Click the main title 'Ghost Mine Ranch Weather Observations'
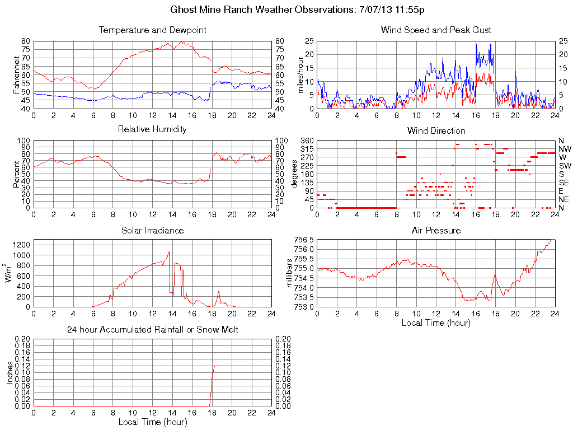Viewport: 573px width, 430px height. (286, 10)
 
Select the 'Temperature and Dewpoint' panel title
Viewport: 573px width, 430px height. (153, 30)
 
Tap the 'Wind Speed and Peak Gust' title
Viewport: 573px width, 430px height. (436, 30)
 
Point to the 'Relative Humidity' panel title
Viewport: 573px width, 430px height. (153, 129)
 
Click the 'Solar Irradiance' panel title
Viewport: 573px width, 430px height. (153, 230)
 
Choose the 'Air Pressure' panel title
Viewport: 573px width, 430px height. (436, 230)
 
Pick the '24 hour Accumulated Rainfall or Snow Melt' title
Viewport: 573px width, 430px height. (153, 330)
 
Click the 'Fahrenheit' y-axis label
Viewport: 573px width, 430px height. (16, 74)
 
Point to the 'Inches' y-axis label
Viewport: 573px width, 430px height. (10, 372)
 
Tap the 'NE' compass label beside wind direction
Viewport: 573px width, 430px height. (563, 199)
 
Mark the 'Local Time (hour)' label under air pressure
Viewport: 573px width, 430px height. (436, 322)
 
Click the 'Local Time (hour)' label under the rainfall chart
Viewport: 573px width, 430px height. (153, 422)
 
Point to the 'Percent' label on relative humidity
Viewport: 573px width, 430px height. (16, 174)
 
